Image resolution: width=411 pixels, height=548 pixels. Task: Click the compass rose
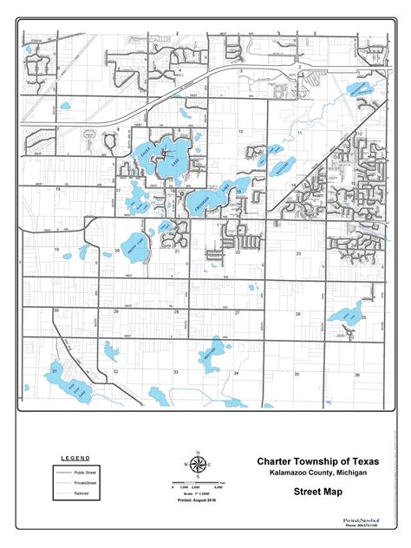click(198, 463)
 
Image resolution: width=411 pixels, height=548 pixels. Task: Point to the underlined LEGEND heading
click(75, 458)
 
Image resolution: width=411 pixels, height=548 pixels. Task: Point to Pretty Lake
click(134, 247)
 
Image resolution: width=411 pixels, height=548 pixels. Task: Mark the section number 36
click(356, 375)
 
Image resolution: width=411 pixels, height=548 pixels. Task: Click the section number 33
click(175, 372)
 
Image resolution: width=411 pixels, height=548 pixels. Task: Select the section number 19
click(56, 249)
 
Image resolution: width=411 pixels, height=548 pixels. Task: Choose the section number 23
click(297, 253)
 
